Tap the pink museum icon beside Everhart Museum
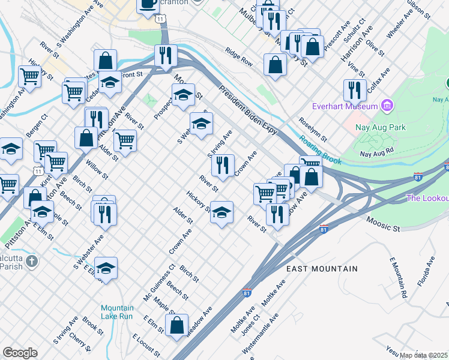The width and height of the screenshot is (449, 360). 387,107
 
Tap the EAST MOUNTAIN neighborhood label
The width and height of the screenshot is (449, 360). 322,269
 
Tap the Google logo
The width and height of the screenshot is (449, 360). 20,353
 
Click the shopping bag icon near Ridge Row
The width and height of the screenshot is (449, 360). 275,65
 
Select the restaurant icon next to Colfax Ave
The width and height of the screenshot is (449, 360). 355,90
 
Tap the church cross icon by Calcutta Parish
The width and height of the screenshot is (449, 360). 31,262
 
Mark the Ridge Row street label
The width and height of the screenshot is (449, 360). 239,57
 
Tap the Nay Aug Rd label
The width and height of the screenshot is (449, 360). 376,153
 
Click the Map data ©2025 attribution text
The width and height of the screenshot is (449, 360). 424,355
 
